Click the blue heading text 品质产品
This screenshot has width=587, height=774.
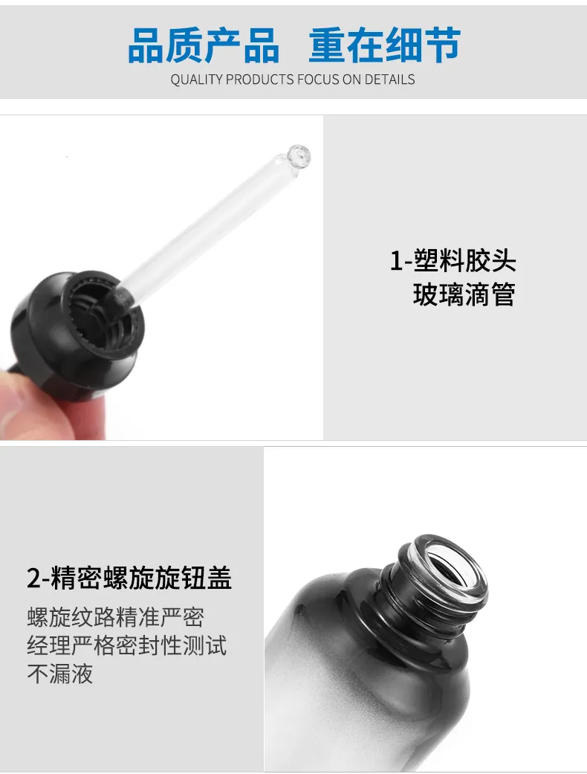tap(204, 45)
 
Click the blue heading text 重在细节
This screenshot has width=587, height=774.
tap(385, 45)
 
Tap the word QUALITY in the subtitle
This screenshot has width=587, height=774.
tap(196, 80)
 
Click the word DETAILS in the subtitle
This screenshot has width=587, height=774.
tap(389, 80)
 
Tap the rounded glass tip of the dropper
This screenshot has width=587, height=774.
tap(299, 156)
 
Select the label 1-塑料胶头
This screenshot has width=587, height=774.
tap(453, 261)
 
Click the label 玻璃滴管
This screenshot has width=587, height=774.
tap(464, 294)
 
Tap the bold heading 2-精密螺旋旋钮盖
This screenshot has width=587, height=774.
tap(129, 578)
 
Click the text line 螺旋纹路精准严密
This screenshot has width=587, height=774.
tap(115, 618)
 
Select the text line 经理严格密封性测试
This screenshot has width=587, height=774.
tap(127, 645)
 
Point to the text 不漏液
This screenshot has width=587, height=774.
tap(60, 674)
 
